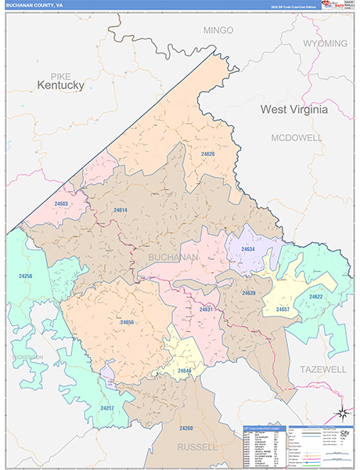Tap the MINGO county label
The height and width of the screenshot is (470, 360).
tap(218, 30)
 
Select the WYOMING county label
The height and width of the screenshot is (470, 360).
tap(325, 43)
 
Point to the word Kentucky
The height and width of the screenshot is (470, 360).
tap(60, 85)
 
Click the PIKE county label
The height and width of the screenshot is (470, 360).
tap(59, 74)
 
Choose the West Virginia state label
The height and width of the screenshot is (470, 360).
tap(293, 110)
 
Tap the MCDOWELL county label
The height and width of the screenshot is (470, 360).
tap(297, 137)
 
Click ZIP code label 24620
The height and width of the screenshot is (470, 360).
tap(207, 154)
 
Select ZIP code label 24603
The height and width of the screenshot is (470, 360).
tap(61, 204)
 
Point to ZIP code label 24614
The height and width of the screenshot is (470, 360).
tap(120, 210)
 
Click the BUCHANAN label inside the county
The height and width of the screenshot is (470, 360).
tap(173, 257)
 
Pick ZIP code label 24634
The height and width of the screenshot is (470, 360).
tap(248, 249)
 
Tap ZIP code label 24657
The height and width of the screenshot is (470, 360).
tap(283, 309)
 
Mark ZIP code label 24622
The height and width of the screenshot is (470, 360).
tap(315, 297)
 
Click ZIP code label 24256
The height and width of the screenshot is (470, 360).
tap(26, 276)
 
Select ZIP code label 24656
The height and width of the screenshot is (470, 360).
tap(128, 322)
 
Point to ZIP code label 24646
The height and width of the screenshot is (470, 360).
tap(185, 370)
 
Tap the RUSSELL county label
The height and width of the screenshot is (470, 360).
tap(203, 447)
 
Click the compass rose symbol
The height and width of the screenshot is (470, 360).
tap(341, 414)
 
